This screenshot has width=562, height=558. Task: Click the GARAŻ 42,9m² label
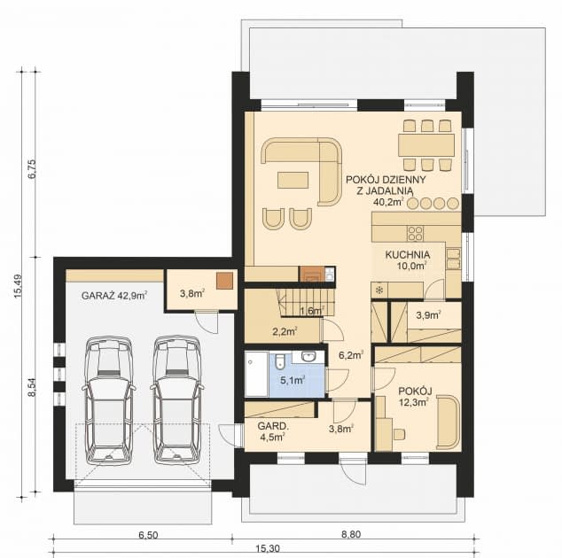tap(114, 295)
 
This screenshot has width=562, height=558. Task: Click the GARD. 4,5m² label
tap(269, 430)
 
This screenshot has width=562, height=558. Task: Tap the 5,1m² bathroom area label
tap(292, 381)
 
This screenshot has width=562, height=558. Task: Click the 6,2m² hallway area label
tap(351, 355)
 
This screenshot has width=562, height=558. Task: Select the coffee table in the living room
tap(295, 181)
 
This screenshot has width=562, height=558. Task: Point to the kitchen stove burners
tap(414, 232)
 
